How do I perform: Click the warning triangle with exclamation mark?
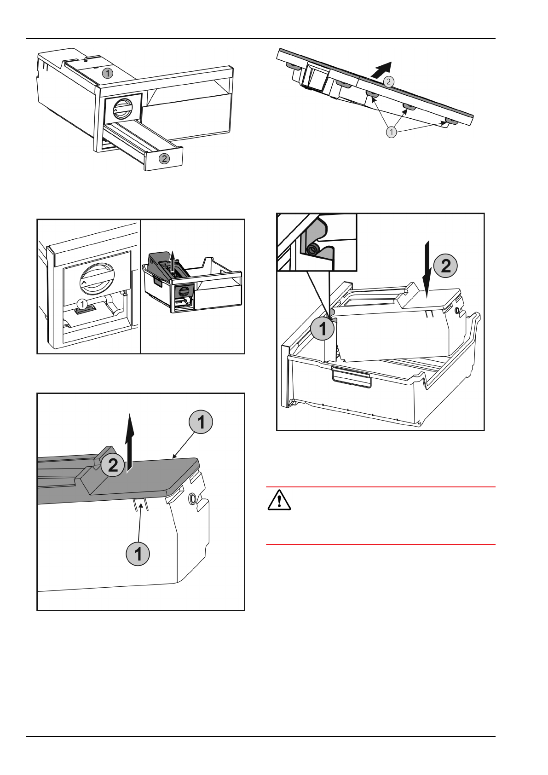279,500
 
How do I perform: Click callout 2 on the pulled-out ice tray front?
164,159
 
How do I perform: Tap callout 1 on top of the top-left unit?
107,73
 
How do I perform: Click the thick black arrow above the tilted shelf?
381,70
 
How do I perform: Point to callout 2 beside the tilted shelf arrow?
389,81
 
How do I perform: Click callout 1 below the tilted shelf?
391,133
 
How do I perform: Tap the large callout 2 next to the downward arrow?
445,266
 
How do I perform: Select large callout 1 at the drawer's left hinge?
322,328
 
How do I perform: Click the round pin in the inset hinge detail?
313,249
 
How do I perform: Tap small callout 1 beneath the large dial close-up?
82,304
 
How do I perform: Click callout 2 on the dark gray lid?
113,465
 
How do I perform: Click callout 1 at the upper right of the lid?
201,422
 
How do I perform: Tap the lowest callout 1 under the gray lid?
138,554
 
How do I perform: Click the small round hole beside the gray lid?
192,497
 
